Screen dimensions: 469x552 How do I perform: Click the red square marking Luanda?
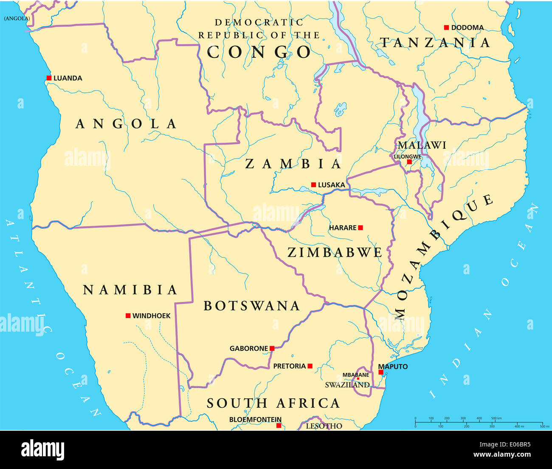pyautogui.click(x=49, y=78)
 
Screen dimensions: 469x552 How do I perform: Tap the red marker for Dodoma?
pyautogui.click(x=446, y=27)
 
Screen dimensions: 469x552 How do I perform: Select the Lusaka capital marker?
pyautogui.click(x=313, y=185)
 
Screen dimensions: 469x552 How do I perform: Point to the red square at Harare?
pyautogui.click(x=360, y=227)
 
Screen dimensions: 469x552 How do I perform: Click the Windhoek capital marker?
pyautogui.click(x=128, y=316)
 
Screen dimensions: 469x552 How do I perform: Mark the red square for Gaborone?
pyautogui.click(x=272, y=348)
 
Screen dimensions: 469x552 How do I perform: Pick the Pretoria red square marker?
pyautogui.click(x=310, y=366)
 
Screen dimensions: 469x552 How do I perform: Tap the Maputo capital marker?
pyautogui.click(x=381, y=372)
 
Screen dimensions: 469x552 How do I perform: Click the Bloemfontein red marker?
pyautogui.click(x=279, y=425)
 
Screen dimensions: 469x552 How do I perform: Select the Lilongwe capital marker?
pyautogui.click(x=409, y=162)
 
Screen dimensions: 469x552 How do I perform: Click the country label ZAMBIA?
pyautogui.click(x=293, y=164)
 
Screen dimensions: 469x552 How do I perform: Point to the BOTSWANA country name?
pyautogui.click(x=252, y=306)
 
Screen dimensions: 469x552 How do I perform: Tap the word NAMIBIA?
pyautogui.click(x=130, y=290)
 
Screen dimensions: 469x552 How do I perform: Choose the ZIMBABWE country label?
pyautogui.click(x=335, y=252)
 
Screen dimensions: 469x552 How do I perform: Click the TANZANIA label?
pyautogui.click(x=435, y=43)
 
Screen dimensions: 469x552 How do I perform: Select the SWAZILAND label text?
pyautogui.click(x=347, y=385)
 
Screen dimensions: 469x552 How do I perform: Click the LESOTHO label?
pyautogui.click(x=324, y=426)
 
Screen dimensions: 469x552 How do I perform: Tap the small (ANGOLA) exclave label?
pyautogui.click(x=17, y=18)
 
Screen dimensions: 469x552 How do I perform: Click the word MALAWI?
pyautogui.click(x=422, y=145)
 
